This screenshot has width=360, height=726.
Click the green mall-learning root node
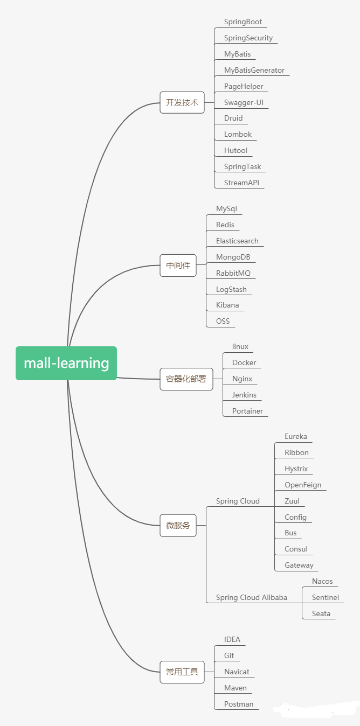pos(66,363)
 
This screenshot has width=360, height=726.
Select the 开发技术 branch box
pos(182,102)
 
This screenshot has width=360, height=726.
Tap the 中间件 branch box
pos(178,266)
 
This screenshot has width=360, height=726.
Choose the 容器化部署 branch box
pos(186,379)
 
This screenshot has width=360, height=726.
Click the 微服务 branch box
pos(178,525)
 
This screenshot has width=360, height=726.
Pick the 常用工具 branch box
pos(182,672)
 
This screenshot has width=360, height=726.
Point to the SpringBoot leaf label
pos(243,22)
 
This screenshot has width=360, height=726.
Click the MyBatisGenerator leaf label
pos(254,71)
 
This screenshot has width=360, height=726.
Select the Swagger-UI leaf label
pos(244,102)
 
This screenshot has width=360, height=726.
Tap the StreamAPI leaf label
pos(241,183)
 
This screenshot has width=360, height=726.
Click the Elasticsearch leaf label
pos(237,241)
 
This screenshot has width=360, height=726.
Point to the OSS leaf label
pos(223,321)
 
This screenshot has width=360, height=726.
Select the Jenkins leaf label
pos(244,395)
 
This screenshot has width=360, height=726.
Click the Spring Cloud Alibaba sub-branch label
pos(251,597)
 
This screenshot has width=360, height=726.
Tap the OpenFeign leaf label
pos(303,485)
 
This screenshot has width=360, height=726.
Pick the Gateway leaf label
pos(299,565)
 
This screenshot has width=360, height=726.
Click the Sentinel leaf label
pos(326,597)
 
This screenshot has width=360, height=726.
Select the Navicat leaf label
pos(237,672)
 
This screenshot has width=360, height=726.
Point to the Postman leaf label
pos(239,704)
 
